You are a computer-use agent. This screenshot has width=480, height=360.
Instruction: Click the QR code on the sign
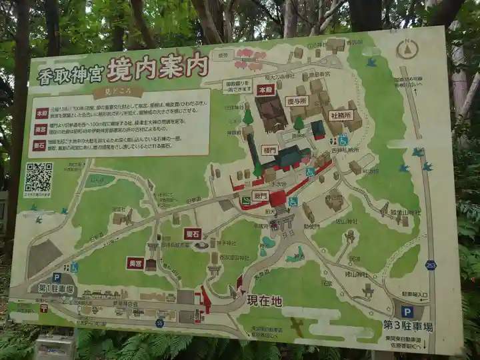click(38, 178)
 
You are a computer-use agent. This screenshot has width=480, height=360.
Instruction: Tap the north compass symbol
click(407, 49)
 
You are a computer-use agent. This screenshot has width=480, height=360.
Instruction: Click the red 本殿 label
click(265, 89)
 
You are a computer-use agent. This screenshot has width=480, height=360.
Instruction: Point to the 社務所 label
click(341, 115)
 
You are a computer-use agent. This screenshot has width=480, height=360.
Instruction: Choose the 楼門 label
click(269, 150)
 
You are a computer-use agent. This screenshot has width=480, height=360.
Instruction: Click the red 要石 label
click(193, 233)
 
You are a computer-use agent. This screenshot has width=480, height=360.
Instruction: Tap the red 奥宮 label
click(135, 263)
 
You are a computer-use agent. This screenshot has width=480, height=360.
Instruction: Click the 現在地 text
click(265, 301)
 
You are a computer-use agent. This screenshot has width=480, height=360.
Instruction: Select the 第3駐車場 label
click(407, 326)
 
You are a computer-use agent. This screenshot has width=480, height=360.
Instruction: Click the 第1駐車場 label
click(56, 289)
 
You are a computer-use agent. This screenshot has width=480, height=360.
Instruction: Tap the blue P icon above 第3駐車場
click(407, 311)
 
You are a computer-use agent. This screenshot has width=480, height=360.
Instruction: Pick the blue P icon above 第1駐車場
click(57, 277)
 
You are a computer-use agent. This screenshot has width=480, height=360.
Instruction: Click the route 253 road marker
click(431, 265)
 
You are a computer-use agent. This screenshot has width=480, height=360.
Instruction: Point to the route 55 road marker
click(159, 323)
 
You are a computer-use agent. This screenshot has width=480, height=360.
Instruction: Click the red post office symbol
click(44, 308)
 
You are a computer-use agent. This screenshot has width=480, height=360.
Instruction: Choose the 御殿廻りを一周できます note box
click(237, 86)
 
